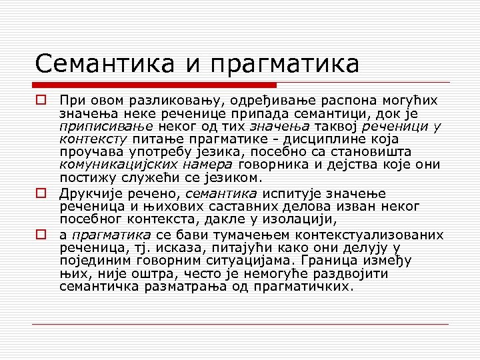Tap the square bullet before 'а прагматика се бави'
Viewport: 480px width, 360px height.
tap(41, 235)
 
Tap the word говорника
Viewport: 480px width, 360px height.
tap(306, 165)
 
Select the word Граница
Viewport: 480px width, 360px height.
tap(330, 261)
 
